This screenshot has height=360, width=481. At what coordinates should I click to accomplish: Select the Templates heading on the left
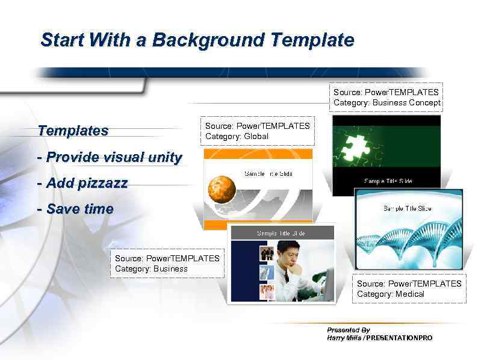click(73, 131)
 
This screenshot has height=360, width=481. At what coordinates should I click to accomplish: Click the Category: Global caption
click(237, 137)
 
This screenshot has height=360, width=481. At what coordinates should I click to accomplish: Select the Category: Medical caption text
click(390, 294)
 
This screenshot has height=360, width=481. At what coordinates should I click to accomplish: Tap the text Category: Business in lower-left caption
click(151, 269)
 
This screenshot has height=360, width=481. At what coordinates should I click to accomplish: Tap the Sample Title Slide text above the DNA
click(407, 208)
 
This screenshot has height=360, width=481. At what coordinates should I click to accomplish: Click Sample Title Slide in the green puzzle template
click(388, 181)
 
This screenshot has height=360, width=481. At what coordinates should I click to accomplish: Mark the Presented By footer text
click(348, 330)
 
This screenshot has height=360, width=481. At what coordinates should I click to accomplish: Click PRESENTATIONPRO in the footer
click(399, 338)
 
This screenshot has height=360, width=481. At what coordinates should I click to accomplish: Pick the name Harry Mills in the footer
click(344, 338)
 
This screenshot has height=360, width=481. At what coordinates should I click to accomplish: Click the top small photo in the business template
click(267, 253)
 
